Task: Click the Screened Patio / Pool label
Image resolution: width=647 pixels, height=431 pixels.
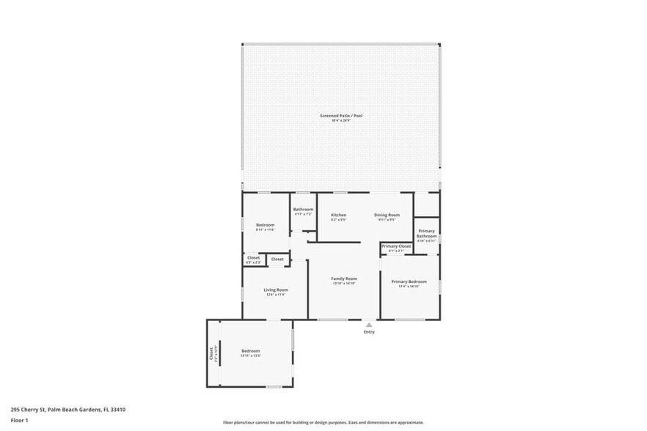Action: (x=341, y=116)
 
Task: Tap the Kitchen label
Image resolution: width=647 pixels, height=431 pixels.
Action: (x=338, y=215)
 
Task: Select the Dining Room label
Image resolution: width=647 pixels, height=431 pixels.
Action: (x=388, y=215)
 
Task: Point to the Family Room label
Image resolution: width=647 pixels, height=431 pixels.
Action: (x=343, y=279)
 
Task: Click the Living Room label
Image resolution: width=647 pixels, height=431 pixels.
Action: (x=276, y=290)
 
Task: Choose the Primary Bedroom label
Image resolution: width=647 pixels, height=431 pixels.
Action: (x=409, y=281)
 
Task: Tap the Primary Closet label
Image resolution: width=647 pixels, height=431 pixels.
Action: (x=395, y=246)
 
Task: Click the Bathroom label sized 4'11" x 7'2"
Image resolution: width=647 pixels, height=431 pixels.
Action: (x=303, y=210)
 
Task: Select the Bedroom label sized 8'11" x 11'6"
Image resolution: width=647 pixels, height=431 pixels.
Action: (x=265, y=224)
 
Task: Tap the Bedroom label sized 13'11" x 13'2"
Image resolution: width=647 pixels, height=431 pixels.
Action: (x=251, y=351)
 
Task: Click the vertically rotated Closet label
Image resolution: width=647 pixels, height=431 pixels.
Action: (x=211, y=353)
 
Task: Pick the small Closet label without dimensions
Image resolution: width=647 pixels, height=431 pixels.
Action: (x=277, y=259)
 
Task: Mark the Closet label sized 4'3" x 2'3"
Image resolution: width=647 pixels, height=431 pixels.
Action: (x=253, y=257)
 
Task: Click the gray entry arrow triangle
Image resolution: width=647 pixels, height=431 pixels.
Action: (x=369, y=324)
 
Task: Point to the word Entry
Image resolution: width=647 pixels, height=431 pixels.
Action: (x=369, y=332)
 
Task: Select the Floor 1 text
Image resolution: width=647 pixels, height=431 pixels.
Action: (x=19, y=420)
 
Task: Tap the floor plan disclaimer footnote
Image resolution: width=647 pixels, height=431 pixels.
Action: (x=323, y=423)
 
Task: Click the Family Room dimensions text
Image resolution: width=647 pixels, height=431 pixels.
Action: (x=343, y=283)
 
